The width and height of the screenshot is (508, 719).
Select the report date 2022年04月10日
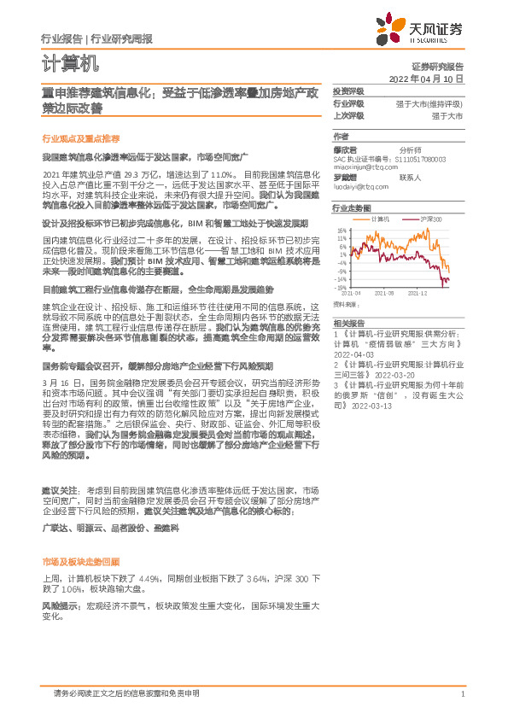(425, 78)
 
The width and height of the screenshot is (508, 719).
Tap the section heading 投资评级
(348, 91)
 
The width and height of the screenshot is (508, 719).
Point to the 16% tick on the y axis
(342, 231)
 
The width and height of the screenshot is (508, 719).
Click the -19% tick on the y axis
(341, 288)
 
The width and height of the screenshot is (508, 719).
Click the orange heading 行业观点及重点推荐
(80, 138)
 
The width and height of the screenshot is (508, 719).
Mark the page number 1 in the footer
(461, 694)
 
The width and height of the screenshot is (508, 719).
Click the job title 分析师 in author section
(411, 149)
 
